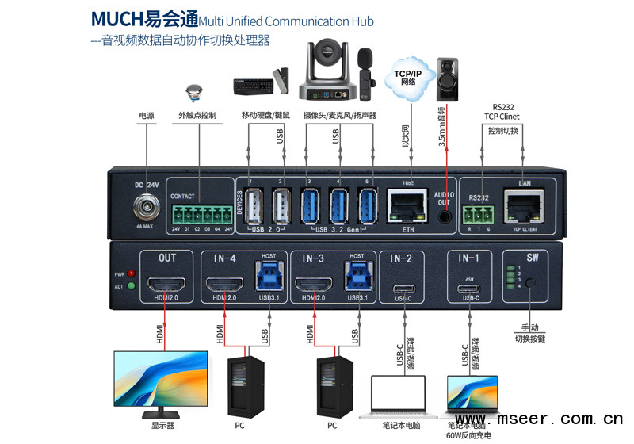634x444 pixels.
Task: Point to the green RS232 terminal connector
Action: [479, 213]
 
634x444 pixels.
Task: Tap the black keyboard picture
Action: [252, 84]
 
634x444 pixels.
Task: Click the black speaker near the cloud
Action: [451, 78]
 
